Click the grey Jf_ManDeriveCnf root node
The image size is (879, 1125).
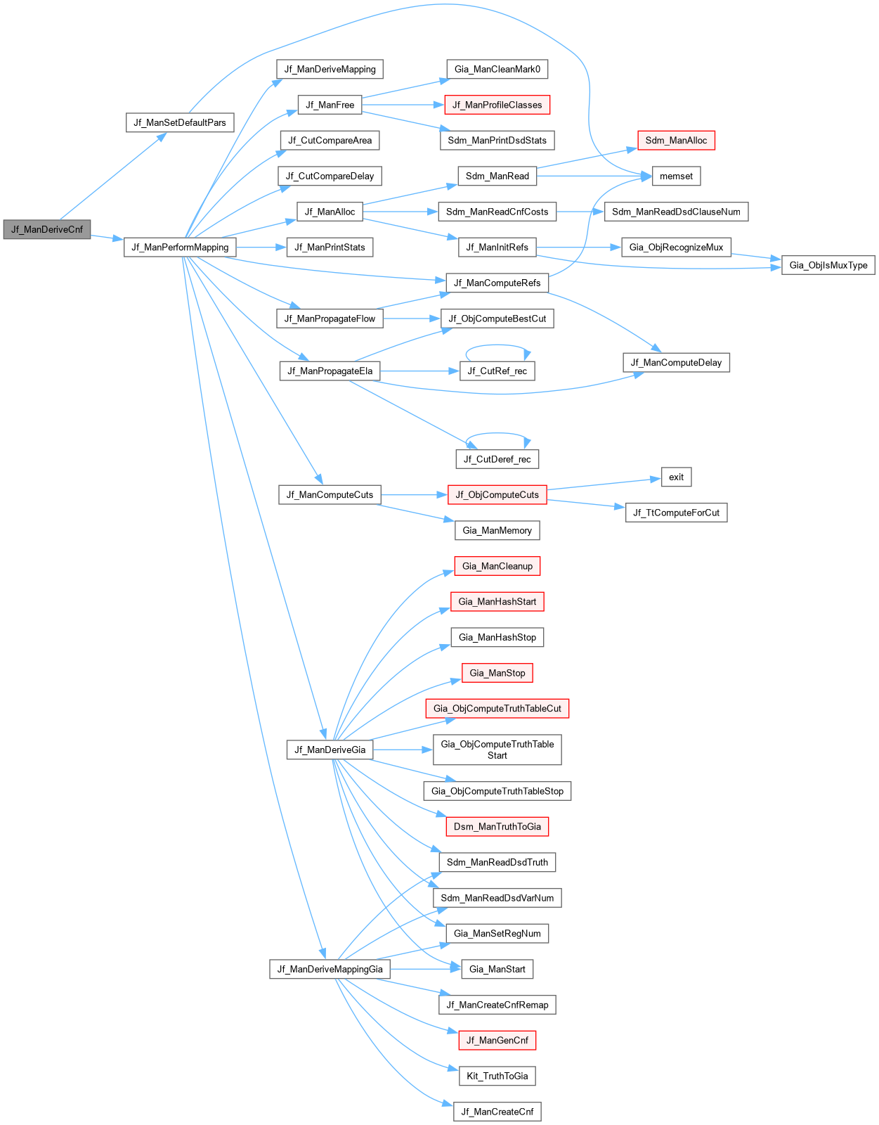tap(47, 229)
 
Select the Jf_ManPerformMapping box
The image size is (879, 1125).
tap(180, 247)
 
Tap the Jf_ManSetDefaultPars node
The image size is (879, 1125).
tap(180, 122)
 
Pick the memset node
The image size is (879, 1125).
tap(676, 176)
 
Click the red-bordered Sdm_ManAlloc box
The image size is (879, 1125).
tap(676, 140)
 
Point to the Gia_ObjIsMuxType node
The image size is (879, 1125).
tap(828, 265)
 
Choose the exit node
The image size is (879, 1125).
tap(676, 477)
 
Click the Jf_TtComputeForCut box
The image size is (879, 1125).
tap(676, 513)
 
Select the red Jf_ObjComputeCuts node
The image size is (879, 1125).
tap(497, 494)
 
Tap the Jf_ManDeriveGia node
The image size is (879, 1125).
tap(330, 750)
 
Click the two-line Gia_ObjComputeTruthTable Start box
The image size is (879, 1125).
tap(497, 750)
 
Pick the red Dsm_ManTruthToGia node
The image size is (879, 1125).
tap(497, 826)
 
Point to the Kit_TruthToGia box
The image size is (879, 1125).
tap(497, 1076)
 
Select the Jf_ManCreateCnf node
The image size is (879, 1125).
tap(497, 1112)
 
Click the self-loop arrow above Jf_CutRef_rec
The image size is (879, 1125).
tap(497, 345)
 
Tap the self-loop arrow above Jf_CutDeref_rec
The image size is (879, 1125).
tap(497, 434)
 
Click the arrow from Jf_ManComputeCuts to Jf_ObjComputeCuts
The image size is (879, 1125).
tap(414, 495)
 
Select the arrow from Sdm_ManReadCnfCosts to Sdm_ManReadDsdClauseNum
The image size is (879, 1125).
tap(580, 212)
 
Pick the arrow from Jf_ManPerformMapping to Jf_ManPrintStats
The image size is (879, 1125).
tap(261, 247)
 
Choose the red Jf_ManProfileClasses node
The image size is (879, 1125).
tap(497, 105)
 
